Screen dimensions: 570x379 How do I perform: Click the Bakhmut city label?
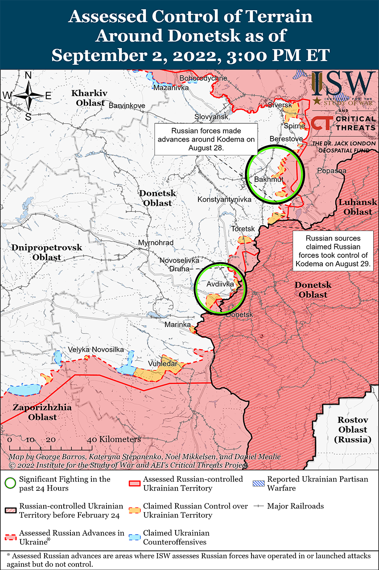(x=268, y=179)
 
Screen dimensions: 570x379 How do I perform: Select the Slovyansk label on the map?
(x=211, y=117)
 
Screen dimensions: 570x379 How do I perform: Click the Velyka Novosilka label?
(x=95, y=350)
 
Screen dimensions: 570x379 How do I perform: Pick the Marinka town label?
(x=177, y=325)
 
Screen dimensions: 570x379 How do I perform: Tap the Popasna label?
(x=331, y=171)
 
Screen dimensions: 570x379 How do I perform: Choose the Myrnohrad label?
(x=156, y=243)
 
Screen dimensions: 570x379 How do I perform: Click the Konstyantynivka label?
(x=224, y=199)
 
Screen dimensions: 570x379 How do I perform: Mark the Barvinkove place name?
(x=127, y=106)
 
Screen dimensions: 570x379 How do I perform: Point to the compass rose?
(x=28, y=95)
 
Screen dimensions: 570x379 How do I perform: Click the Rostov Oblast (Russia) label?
(x=352, y=430)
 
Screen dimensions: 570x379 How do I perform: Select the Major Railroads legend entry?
(x=289, y=506)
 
